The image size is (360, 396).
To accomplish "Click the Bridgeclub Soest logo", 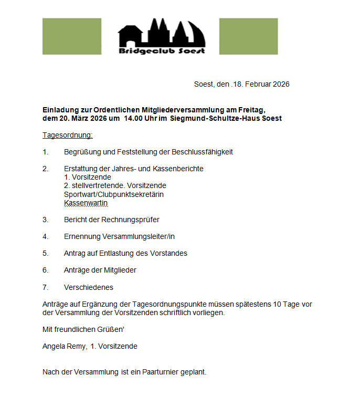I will point(161,36).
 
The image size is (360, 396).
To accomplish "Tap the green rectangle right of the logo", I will point(248,36).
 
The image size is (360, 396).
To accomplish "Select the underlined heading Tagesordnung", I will point(67,136).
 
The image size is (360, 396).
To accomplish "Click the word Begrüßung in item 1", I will point(82,152).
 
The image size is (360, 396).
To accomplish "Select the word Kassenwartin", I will point(86,203).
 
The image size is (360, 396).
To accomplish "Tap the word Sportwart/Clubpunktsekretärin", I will point(114,194).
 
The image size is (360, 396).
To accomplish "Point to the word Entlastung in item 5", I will point(116,253).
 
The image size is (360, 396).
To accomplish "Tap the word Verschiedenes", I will point(88,287).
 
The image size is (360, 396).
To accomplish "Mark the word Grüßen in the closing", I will point(109,329).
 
